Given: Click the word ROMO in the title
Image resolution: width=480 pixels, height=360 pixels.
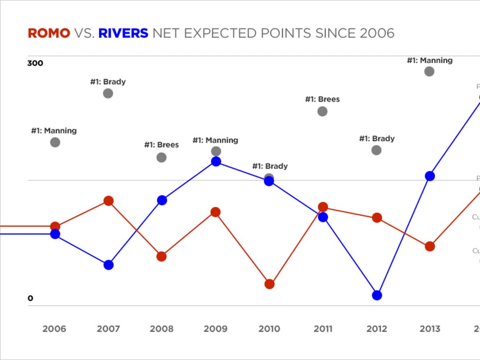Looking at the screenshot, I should point(49,33).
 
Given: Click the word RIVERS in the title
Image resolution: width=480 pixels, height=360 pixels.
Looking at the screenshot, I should point(123,33).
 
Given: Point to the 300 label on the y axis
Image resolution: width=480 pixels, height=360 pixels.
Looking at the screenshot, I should point(35,63).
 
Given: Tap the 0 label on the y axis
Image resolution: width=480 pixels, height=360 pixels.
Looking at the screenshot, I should point(30,298).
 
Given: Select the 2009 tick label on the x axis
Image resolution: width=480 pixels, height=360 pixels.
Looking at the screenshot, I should point(216,329).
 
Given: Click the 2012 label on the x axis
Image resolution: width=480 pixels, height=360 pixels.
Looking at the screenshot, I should point(376,329).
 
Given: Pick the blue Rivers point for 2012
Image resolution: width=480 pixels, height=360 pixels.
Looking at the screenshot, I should point(377,295).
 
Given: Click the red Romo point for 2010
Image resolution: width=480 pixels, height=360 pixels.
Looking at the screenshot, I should point(269,284).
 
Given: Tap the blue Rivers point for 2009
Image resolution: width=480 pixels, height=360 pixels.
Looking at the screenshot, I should point(216,161).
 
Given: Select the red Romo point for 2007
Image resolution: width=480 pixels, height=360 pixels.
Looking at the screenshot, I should point(108,200).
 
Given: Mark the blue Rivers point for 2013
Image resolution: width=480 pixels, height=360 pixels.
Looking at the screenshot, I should point(430,176).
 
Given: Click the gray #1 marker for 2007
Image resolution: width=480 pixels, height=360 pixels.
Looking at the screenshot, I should point(108,93).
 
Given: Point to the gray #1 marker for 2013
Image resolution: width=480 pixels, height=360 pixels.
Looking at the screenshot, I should point(429,71).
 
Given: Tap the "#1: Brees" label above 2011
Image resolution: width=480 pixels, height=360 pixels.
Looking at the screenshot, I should point(322,99).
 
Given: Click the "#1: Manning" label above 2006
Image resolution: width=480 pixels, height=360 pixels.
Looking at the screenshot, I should point(54,130).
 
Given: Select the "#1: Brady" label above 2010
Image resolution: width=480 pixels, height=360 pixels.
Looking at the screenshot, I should point(270,166).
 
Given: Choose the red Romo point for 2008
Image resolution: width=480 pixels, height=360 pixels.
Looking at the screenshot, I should point(161,256).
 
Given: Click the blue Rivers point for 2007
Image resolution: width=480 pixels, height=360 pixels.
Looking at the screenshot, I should point(108,265).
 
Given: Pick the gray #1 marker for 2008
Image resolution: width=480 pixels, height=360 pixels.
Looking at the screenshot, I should point(161,157).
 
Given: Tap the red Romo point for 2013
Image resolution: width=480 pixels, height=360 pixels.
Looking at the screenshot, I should point(430,246).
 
